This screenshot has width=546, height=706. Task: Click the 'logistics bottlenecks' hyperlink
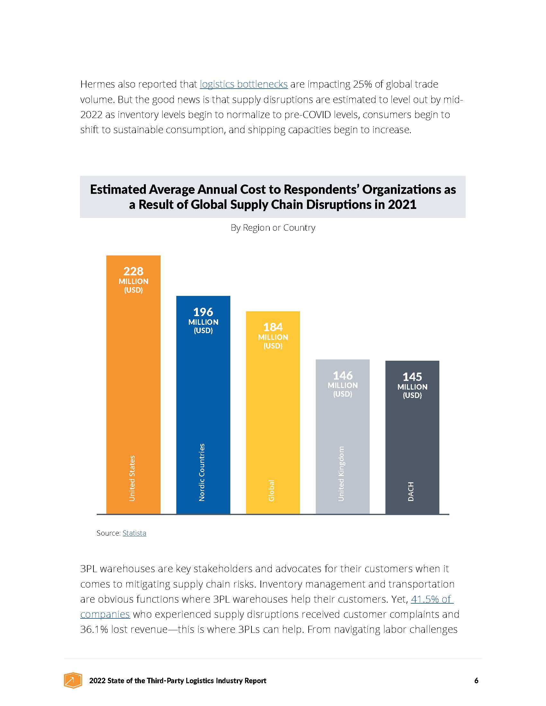[x=243, y=84]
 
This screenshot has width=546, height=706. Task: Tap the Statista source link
[x=134, y=533]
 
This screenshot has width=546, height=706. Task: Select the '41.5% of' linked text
[x=432, y=599]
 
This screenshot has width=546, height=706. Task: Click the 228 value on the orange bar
[x=133, y=271]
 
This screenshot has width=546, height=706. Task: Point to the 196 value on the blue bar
[x=203, y=312]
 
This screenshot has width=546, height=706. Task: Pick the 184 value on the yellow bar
[x=273, y=327]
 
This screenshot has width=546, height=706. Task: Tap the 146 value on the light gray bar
[x=343, y=375]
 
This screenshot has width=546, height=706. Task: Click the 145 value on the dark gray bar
[x=412, y=377]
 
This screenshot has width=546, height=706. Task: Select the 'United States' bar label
[x=132, y=478]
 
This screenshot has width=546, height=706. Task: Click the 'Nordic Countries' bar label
[x=202, y=472]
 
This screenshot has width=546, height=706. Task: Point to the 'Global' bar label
[x=271, y=490]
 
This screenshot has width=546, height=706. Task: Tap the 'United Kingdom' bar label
[x=341, y=474]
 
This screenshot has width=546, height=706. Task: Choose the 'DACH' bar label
[x=411, y=491]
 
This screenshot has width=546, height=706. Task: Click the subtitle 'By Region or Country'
[x=273, y=228]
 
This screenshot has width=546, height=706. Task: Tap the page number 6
[x=476, y=680]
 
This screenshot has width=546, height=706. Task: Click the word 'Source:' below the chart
[x=108, y=533]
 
